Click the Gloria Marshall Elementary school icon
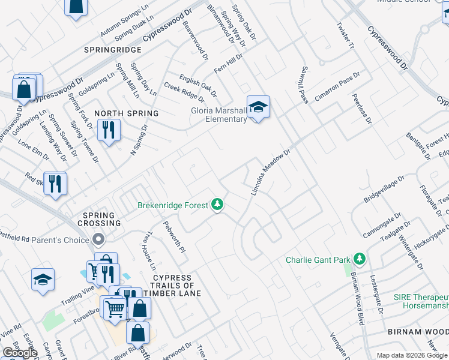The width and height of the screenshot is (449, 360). pyautogui.click(x=258, y=107)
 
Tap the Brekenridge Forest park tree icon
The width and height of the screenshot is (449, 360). pyautogui.click(x=217, y=205)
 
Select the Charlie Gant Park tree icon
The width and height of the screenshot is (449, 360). pyautogui.click(x=360, y=259)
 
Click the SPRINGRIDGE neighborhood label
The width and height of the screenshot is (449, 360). pyautogui.click(x=113, y=50)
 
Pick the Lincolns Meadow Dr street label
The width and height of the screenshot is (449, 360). pyautogui.click(x=270, y=173)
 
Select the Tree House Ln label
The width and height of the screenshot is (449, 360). pyautogui.click(x=148, y=251)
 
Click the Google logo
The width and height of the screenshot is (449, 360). pyautogui.click(x=20, y=353)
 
